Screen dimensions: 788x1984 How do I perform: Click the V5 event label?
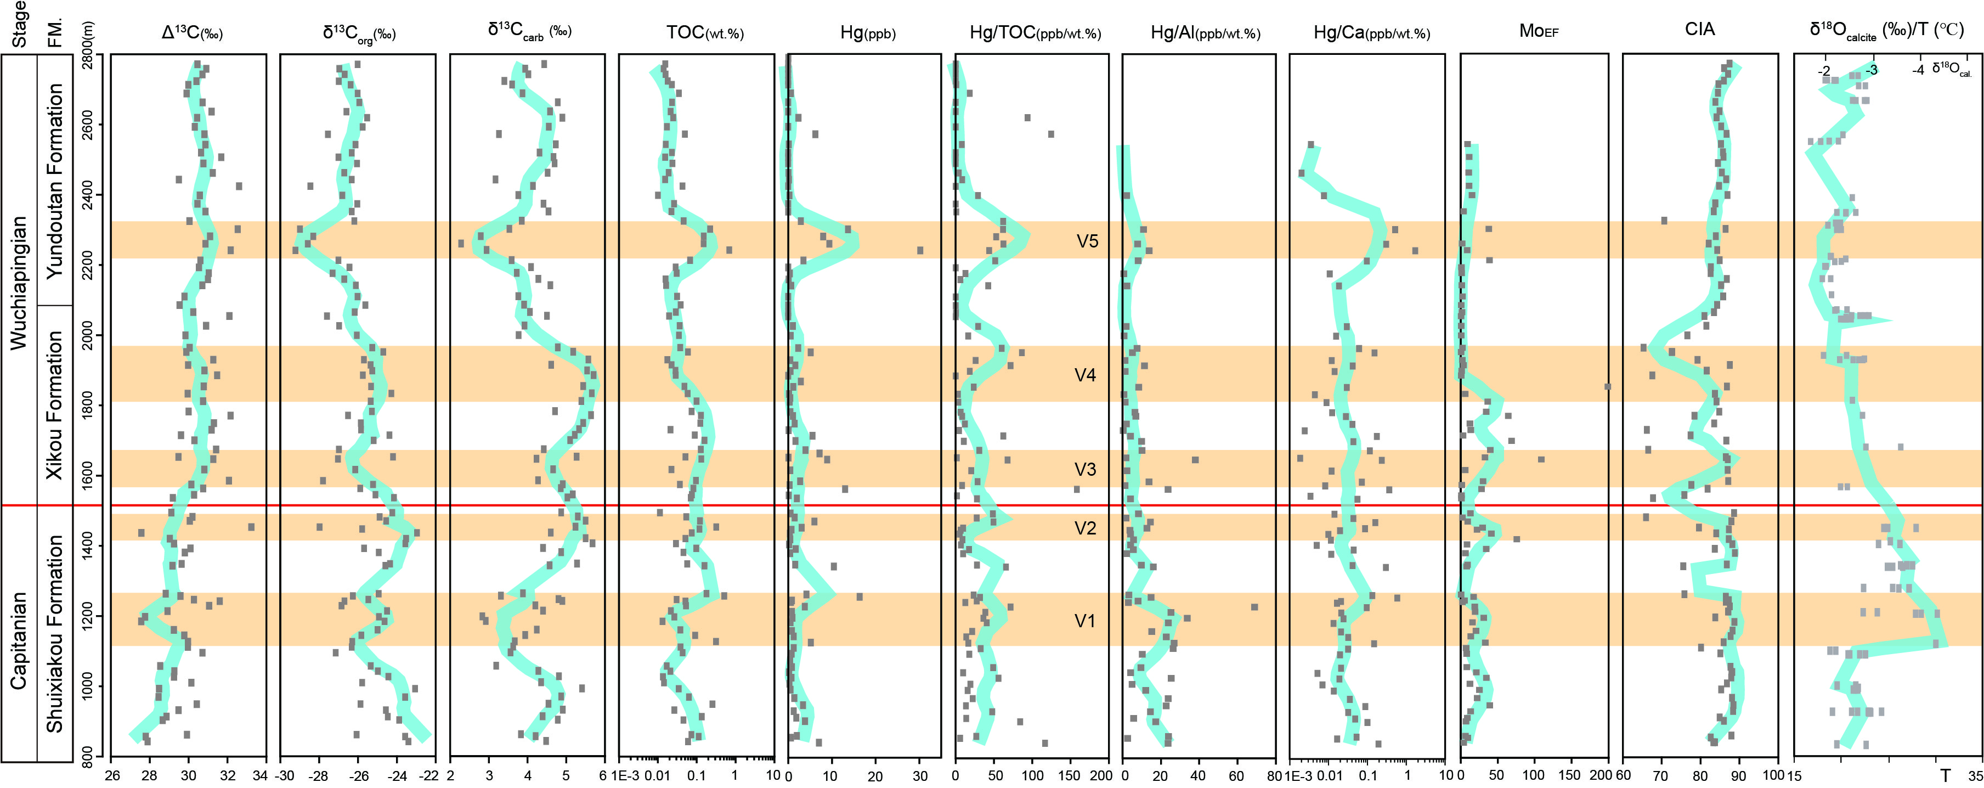1087,241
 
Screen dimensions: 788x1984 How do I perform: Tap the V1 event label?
1084,621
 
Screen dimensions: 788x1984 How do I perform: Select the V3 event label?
1084,469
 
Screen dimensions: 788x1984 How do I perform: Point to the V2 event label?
1084,528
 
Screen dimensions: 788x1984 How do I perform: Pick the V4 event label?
1084,375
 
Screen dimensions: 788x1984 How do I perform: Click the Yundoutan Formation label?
55,181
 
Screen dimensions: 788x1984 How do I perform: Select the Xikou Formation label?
55,405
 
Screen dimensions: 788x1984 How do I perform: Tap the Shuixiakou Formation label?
55,633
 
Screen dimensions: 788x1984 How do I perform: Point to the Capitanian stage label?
19,640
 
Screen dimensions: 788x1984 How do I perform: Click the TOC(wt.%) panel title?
705,32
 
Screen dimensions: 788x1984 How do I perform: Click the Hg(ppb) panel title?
867,32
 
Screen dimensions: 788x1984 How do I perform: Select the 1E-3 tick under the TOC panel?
625,776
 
